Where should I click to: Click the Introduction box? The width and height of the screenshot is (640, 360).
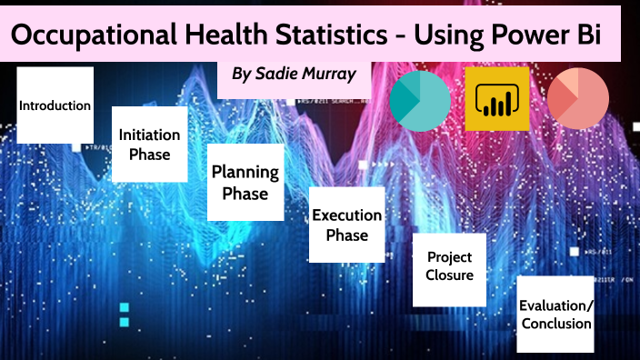click(55, 105)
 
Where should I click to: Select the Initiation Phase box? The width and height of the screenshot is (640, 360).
click(149, 144)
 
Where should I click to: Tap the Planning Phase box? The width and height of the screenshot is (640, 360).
click(239, 182)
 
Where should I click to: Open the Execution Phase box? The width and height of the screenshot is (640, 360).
click(346, 225)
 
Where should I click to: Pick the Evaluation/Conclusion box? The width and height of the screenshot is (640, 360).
click(555, 314)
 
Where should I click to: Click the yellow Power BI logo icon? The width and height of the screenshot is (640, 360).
click(496, 99)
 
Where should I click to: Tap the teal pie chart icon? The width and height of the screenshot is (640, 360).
click(421, 99)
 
